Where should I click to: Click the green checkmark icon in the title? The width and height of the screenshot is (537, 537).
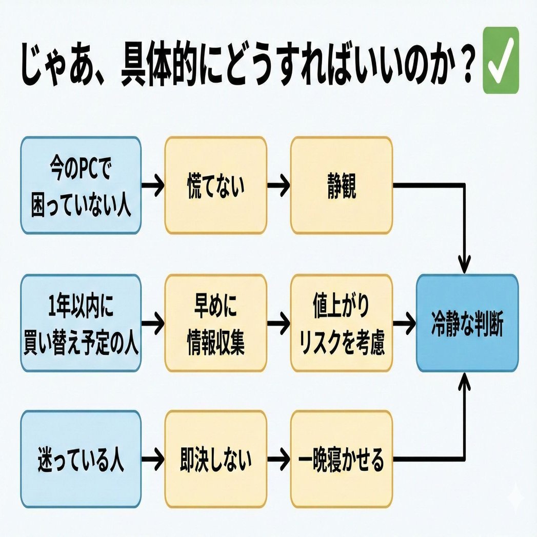[x=501, y=61]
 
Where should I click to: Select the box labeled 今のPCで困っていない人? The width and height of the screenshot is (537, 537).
[x=81, y=185]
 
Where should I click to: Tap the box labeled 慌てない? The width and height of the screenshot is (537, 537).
[x=215, y=185]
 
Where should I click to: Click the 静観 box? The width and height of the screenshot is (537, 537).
[x=341, y=185]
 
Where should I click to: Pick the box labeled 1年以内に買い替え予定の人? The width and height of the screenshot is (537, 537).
[x=81, y=323]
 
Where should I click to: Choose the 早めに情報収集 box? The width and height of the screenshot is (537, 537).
[x=215, y=323]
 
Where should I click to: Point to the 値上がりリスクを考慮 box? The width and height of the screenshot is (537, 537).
[x=341, y=323]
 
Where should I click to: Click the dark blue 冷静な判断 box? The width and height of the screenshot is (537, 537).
[x=467, y=323]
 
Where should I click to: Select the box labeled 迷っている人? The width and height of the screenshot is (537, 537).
[x=81, y=459]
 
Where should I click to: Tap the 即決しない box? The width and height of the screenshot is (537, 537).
[x=215, y=459]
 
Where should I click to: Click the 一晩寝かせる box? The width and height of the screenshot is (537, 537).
[x=341, y=459]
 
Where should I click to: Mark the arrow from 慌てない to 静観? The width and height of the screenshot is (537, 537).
[x=279, y=185]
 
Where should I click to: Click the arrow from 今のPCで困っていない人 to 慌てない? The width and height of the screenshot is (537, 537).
[x=152, y=185]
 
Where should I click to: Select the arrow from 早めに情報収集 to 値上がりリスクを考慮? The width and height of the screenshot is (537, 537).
[x=279, y=323]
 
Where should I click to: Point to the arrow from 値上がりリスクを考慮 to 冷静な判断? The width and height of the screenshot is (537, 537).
[x=404, y=323]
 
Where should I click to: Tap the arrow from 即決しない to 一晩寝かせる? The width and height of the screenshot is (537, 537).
[x=279, y=460]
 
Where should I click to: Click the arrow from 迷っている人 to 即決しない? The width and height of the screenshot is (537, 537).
[x=152, y=460]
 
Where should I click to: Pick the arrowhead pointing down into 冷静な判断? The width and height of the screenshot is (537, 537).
[x=465, y=267]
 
